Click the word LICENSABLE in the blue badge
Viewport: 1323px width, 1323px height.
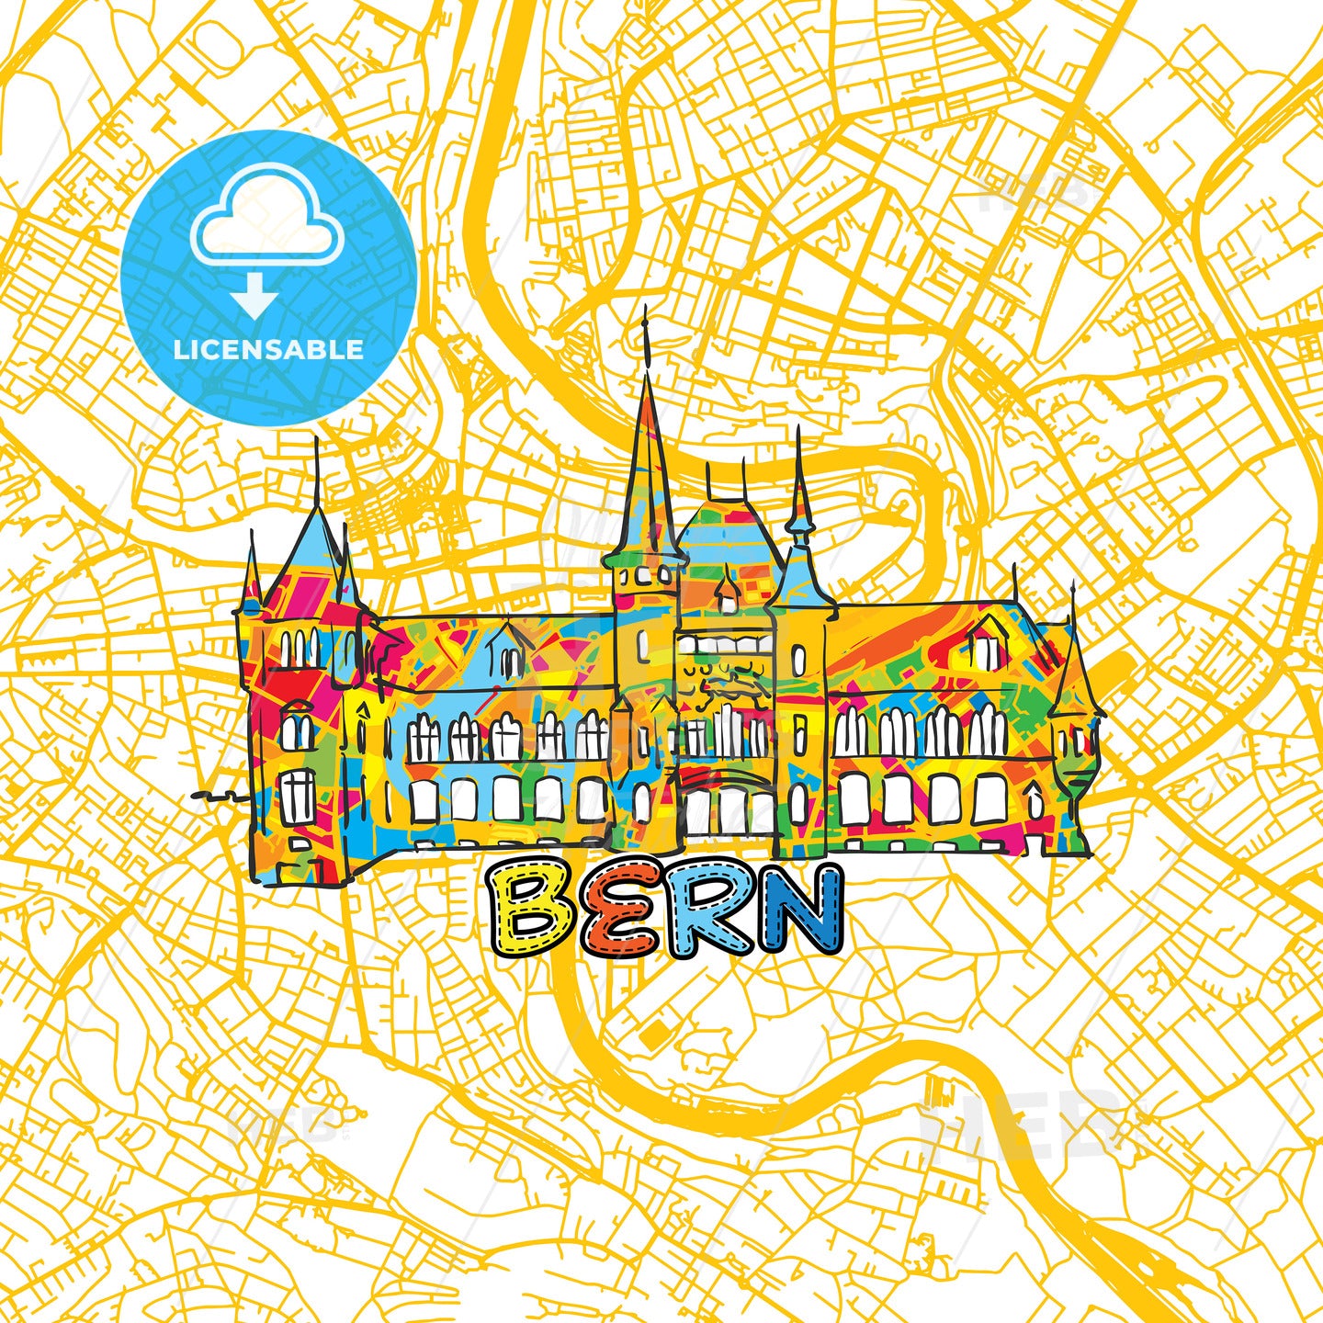pyautogui.click(x=268, y=349)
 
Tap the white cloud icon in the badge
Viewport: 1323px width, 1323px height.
pyautogui.click(x=266, y=221)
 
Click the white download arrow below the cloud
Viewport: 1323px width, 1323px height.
pyautogui.click(x=254, y=297)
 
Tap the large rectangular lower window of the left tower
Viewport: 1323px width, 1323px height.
pyautogui.click(x=297, y=796)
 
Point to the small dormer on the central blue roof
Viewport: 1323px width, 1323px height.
pyautogui.click(x=728, y=593)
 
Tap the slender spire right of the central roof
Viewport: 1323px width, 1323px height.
pyautogui.click(x=799, y=496)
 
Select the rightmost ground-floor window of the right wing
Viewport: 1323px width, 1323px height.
pyautogui.click(x=988, y=799)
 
